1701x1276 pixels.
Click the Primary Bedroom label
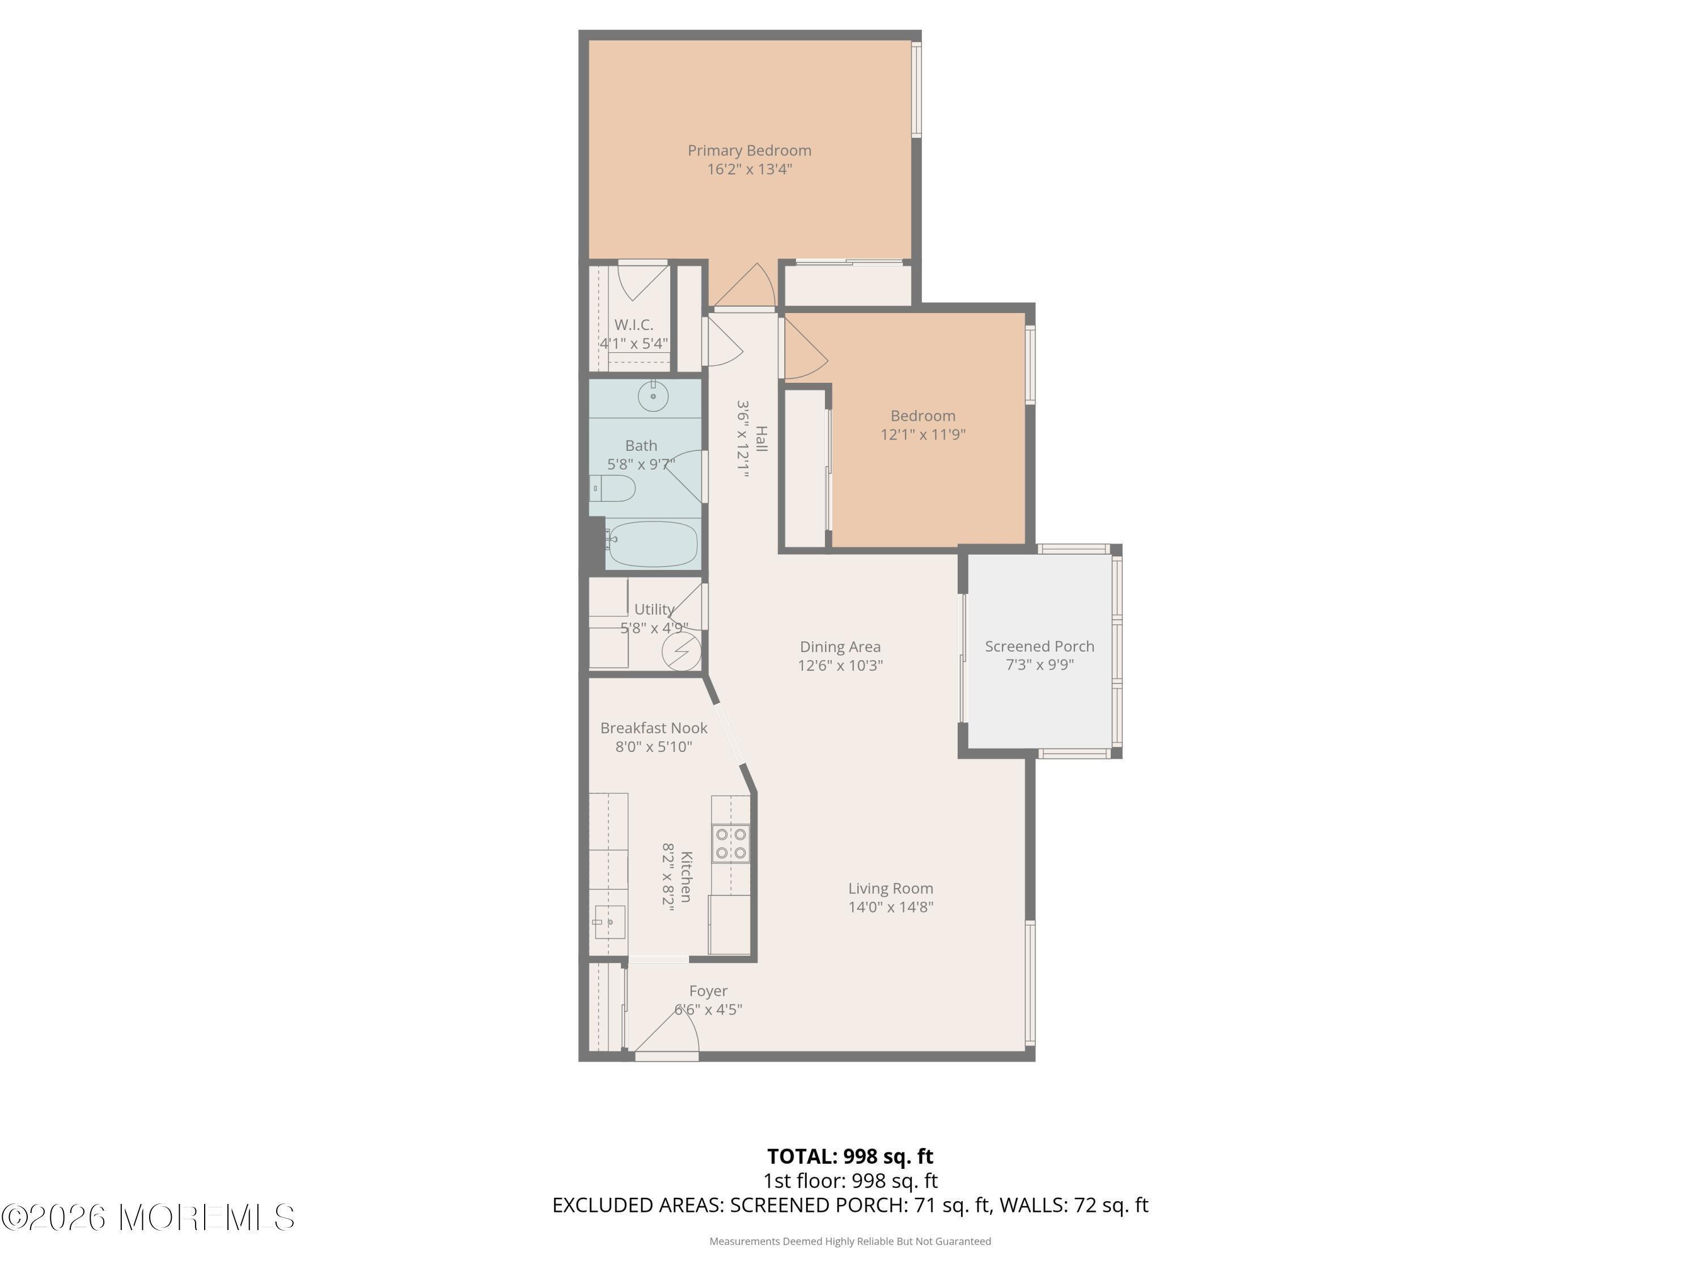click(x=749, y=151)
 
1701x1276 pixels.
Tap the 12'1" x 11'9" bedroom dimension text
click(x=923, y=434)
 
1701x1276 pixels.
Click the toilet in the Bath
click(x=613, y=488)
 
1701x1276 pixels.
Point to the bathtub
click(x=651, y=544)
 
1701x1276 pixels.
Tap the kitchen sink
click(x=609, y=922)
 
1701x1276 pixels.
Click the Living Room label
click(x=891, y=888)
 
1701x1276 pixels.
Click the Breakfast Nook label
click(x=654, y=728)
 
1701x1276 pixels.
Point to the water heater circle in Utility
click(x=682, y=650)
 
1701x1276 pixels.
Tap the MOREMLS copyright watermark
click(x=147, y=1218)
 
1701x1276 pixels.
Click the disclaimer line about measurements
click(x=850, y=1241)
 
